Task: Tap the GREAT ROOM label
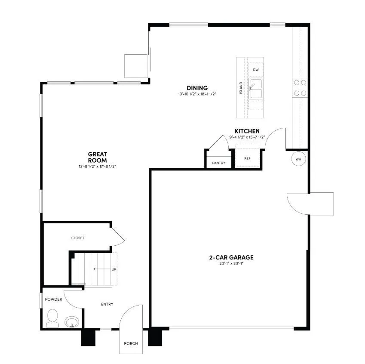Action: (97, 157)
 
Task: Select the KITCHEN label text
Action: (247, 131)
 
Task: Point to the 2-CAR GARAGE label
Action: (231, 257)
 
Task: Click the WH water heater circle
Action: (298, 159)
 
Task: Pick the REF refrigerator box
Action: (247, 158)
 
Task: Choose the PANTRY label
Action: (219, 163)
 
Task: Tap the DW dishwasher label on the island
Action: (256, 70)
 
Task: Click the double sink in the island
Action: (256, 88)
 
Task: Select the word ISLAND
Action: (241, 88)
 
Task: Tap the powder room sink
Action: (71, 321)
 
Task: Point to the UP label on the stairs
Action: (113, 269)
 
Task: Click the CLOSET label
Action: (78, 238)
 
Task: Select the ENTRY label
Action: (107, 304)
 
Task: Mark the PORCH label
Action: (130, 343)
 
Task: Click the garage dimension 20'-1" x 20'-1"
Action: (231, 264)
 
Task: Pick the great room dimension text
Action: (97, 166)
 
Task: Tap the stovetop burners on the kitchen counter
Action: (299, 87)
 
